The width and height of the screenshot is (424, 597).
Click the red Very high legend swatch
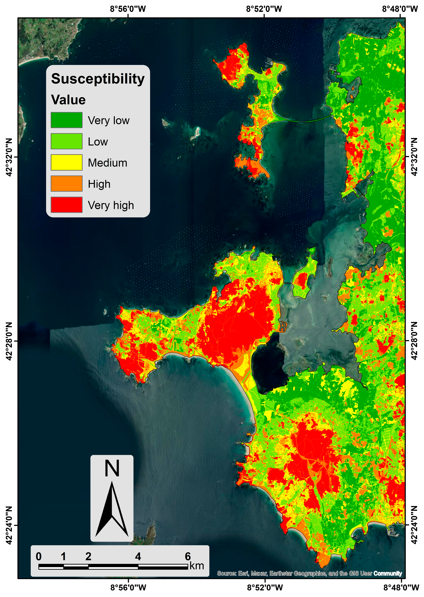pos(67,205)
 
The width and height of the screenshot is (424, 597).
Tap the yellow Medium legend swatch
pos(67,162)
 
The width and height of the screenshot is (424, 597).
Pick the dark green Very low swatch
pos(67,120)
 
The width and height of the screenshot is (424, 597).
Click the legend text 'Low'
pos(98,142)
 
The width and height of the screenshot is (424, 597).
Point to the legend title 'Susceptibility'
pos(98,79)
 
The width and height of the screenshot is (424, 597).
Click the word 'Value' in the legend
pos(68,100)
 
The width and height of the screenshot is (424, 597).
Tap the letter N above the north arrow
pos(112,469)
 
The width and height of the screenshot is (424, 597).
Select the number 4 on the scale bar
pos(138,557)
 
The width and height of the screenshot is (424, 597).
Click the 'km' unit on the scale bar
pos(197,566)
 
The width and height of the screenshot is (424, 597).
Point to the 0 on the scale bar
pos(39,557)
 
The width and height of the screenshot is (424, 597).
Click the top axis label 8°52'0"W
pos(264,9)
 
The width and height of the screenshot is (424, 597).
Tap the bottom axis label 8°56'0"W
pos(128,588)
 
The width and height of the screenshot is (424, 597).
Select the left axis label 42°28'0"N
pos(9,341)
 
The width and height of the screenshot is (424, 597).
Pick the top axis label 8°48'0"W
pos(400,9)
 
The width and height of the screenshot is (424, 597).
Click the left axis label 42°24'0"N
pos(9,525)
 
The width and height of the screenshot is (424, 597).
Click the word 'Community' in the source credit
pos(387,574)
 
